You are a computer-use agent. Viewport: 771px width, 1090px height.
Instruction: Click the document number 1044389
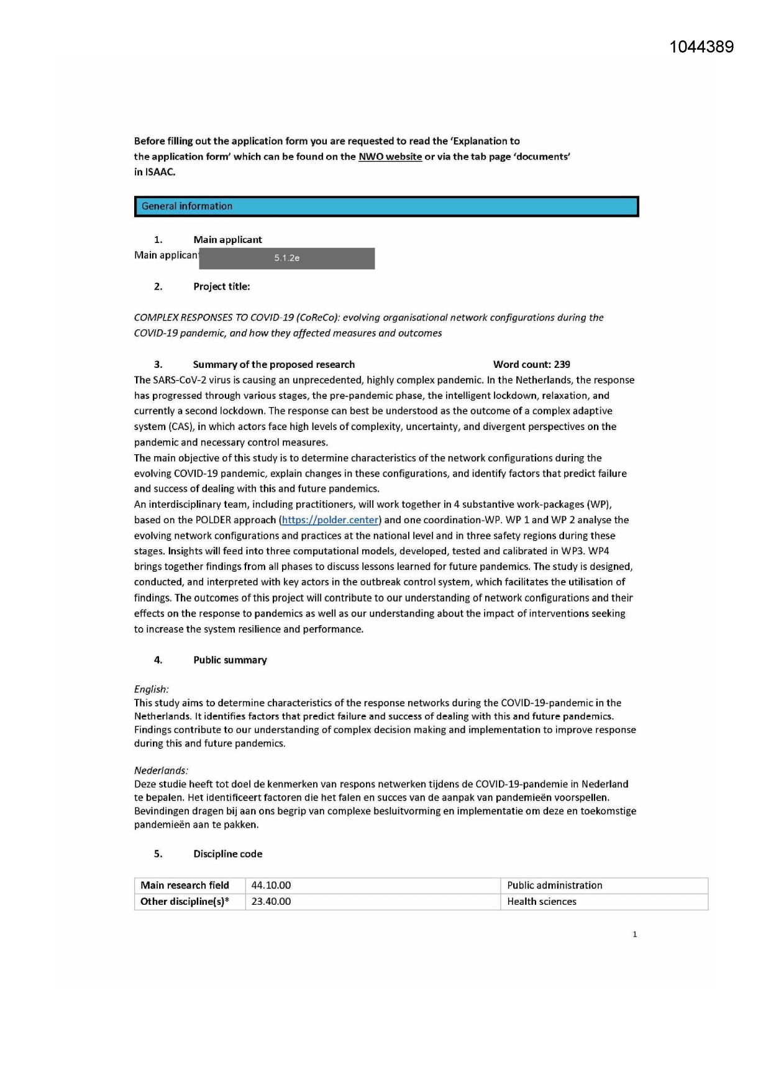pos(701,47)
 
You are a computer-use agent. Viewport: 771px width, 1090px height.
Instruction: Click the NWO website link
pos(390,157)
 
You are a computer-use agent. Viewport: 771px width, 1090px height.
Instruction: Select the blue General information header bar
pos(386,206)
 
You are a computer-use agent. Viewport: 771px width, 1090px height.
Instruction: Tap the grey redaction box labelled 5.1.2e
pos(286,259)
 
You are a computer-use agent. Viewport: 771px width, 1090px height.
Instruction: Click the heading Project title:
pos(221,286)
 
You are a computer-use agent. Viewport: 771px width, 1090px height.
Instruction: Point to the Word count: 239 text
pos(531,364)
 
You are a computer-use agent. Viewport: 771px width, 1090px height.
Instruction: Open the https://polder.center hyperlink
pos(330,520)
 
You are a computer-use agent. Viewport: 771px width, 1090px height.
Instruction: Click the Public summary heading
pos(230,660)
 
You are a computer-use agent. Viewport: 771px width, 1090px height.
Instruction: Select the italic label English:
pos(151,689)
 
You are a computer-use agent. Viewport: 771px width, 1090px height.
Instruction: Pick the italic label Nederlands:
pos(161,771)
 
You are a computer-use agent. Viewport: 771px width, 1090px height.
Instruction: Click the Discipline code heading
pos(227,854)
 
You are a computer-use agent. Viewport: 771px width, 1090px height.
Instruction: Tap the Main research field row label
pos(185,886)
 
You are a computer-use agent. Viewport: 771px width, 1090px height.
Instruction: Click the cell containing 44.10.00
pos(271,886)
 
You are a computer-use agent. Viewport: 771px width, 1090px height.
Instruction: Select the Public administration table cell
pos(554,886)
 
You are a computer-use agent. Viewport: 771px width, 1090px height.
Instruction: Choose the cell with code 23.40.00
pos(271,902)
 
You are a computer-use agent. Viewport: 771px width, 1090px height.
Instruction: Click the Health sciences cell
pos(541,902)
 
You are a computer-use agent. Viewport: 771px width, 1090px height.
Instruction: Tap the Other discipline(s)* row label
pos(185,902)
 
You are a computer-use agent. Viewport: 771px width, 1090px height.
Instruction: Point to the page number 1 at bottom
pos(634,934)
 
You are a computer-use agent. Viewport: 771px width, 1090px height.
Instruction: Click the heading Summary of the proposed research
pos(273,364)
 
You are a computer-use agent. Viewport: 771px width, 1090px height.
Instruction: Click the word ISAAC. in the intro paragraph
pos(155,172)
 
